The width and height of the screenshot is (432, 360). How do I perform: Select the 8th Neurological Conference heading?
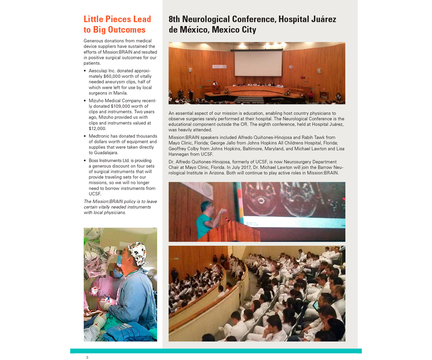[252, 24]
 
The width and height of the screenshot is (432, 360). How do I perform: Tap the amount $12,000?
[98, 128]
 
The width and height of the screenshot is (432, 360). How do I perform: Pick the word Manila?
[120, 93]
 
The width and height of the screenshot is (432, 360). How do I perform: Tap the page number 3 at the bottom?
[87, 357]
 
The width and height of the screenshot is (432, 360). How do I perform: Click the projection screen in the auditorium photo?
[258, 63]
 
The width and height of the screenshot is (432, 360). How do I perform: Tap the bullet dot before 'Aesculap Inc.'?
[85, 71]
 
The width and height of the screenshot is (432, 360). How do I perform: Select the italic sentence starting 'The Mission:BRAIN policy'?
[120, 207]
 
